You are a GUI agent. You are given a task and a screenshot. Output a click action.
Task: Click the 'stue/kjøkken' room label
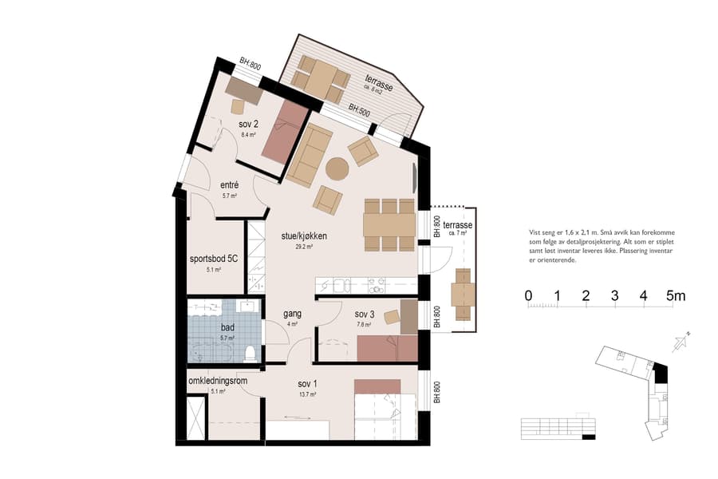(304, 236)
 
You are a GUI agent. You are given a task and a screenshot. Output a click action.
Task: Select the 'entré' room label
(230, 185)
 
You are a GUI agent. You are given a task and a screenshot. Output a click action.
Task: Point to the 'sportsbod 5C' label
(213, 259)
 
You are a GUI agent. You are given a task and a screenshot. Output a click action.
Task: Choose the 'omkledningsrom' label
(218, 381)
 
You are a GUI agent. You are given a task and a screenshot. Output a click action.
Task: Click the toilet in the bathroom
(251, 352)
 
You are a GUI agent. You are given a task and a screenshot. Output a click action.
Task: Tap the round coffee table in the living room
(337, 168)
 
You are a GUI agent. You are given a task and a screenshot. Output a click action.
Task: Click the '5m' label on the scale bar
(675, 296)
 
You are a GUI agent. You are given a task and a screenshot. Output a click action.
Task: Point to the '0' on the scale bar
(528, 296)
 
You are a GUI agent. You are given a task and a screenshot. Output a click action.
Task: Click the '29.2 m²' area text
(304, 247)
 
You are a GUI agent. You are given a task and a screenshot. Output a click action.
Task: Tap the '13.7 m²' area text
(308, 394)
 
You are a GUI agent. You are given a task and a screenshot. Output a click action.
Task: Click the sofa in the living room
(310, 155)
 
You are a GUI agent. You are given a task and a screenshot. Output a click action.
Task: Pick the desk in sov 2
(243, 89)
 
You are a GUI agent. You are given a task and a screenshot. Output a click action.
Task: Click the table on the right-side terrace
(463, 295)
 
